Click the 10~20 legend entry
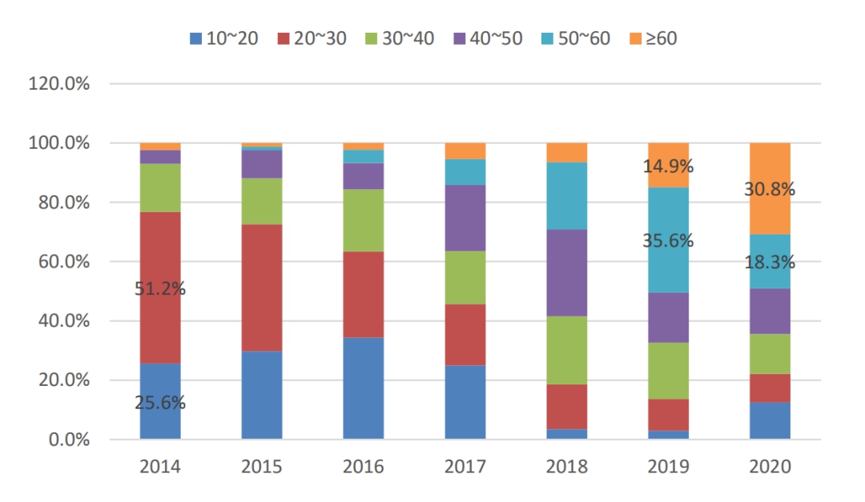tap(223, 38)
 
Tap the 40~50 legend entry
tap(488, 38)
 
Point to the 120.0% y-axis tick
tap(58, 84)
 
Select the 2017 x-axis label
tap(465, 468)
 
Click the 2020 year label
tap(770, 468)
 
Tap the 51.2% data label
tap(160, 289)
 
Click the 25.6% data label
tap(160, 404)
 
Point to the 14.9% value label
tap(668, 167)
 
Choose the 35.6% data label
tap(668, 241)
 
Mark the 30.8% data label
tap(770, 191)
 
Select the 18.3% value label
tap(770, 262)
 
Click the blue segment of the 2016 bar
tap(363, 388)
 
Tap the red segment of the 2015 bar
tap(262, 287)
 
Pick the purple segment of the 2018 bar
tap(566, 273)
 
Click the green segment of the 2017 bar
tap(465, 278)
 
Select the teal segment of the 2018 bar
tap(566, 196)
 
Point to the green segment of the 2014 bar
tap(160, 188)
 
